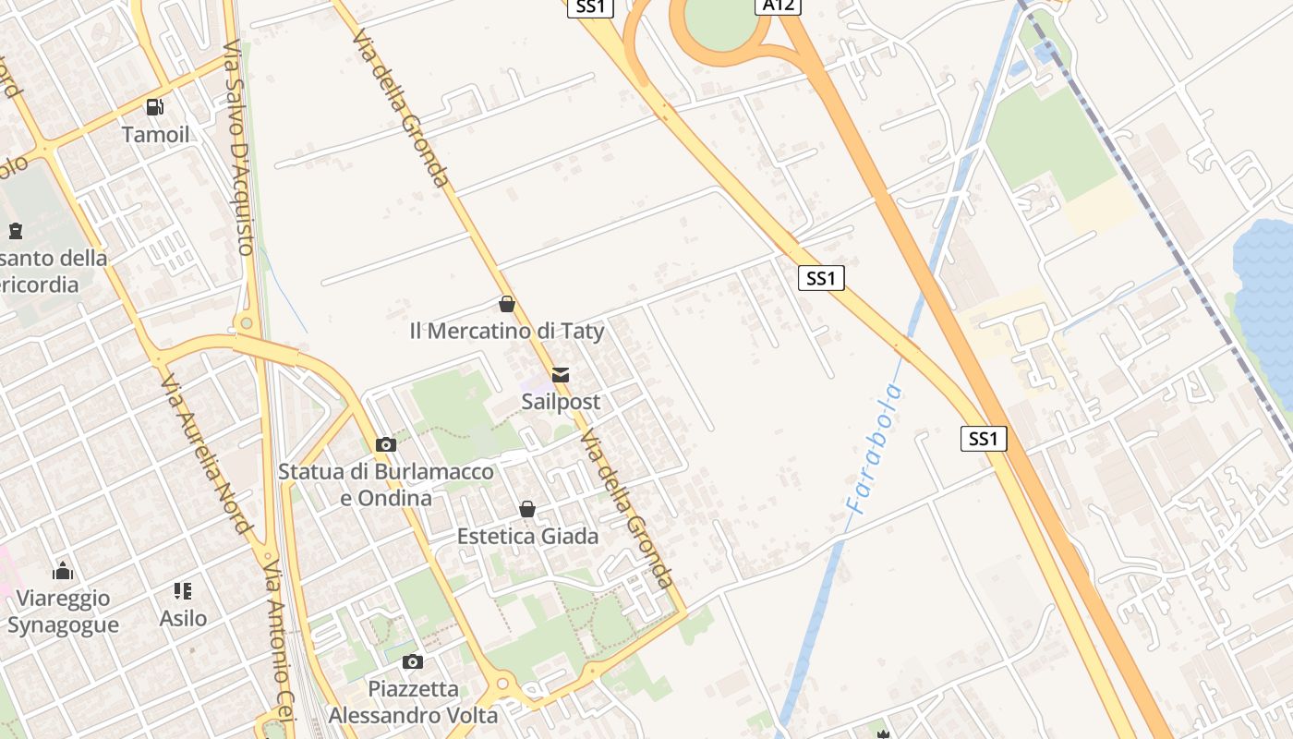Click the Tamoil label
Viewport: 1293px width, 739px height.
tap(155, 135)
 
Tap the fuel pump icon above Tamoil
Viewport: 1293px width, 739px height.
tap(155, 107)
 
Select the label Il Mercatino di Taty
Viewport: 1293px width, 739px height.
tap(507, 331)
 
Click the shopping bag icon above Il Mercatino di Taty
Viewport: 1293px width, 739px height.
tap(507, 304)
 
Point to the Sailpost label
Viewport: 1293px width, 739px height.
tap(561, 402)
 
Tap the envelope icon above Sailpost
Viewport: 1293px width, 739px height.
tap(561, 375)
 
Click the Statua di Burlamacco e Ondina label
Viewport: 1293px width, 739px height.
tap(386, 485)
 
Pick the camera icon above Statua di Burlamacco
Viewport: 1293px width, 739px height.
tap(386, 445)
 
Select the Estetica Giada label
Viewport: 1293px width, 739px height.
tap(527, 536)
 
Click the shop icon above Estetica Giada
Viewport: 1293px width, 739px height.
tap(527, 509)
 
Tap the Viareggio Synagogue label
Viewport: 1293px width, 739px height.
tap(63, 612)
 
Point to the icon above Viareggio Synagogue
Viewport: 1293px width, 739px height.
tap(63, 571)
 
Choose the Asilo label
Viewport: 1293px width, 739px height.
tap(183, 618)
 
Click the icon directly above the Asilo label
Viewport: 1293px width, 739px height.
tap(183, 591)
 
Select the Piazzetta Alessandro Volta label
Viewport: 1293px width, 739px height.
tap(413, 702)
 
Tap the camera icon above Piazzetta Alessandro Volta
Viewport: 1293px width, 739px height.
tap(413, 661)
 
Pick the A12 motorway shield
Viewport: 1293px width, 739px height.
tap(778, 6)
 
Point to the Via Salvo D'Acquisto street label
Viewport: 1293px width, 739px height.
tap(239, 147)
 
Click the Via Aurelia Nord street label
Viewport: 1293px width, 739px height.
tap(206, 454)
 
